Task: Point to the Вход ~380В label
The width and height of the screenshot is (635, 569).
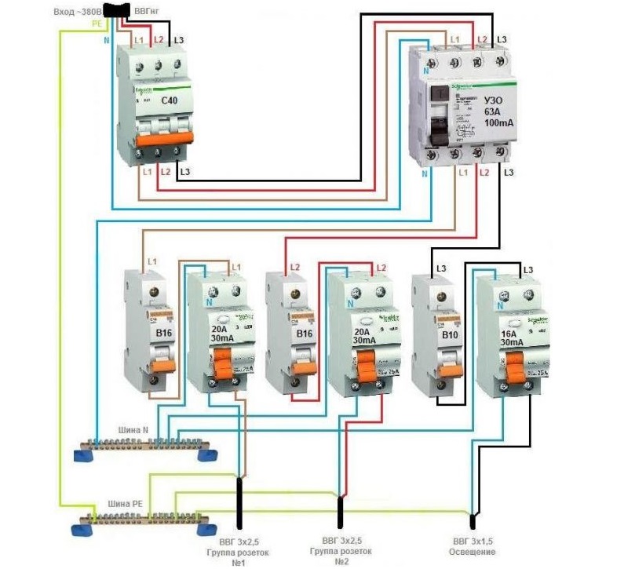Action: coord(78,12)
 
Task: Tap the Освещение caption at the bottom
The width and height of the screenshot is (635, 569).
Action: coord(473,552)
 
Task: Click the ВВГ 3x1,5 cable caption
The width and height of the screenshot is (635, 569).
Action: coord(473,542)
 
